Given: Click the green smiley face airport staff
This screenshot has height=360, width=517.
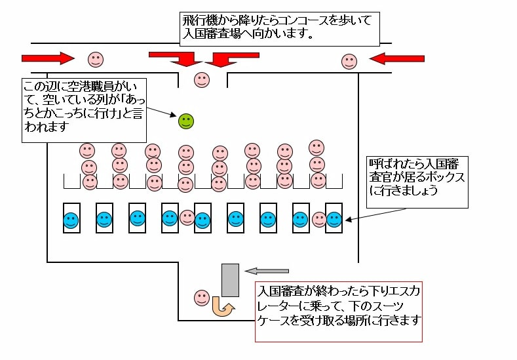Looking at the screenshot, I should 186,121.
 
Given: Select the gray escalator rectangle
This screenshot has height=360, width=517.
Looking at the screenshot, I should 230,280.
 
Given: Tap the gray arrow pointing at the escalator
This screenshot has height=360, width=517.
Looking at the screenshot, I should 267,270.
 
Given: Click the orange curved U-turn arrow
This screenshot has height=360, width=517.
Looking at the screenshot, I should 223,306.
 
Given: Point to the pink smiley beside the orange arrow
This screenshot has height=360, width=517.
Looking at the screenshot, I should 202,298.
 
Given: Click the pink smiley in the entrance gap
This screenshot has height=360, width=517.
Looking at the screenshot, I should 202,80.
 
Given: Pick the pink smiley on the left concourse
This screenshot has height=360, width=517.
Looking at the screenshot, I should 96,60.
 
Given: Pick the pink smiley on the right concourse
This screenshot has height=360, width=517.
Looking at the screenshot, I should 349,62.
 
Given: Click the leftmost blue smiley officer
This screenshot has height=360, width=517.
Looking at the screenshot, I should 71,220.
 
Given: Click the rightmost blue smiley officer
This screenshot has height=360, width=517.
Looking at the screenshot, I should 334,220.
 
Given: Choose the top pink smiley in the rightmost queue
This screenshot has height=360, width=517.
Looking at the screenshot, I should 317,148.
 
